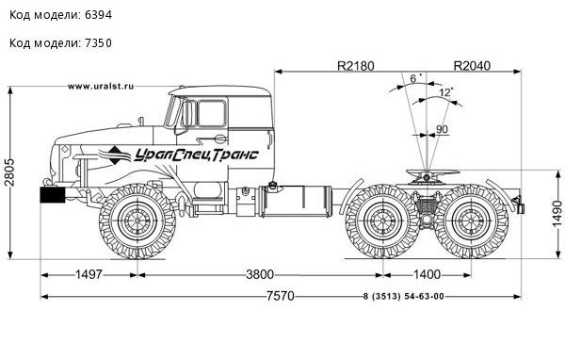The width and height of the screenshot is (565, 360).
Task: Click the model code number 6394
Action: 98,15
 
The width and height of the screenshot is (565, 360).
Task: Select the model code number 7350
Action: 98,43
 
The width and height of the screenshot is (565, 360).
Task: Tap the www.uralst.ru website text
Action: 101,86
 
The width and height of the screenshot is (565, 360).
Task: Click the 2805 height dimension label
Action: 9,172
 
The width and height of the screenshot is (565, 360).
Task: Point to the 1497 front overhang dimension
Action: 89,274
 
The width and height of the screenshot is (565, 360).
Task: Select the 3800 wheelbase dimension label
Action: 260,274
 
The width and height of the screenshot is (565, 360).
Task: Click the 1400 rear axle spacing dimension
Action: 427,274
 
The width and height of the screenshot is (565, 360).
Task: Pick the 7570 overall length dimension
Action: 281,296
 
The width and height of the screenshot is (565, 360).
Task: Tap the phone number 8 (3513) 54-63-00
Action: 404,297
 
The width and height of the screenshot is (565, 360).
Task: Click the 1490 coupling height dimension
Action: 557,214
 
